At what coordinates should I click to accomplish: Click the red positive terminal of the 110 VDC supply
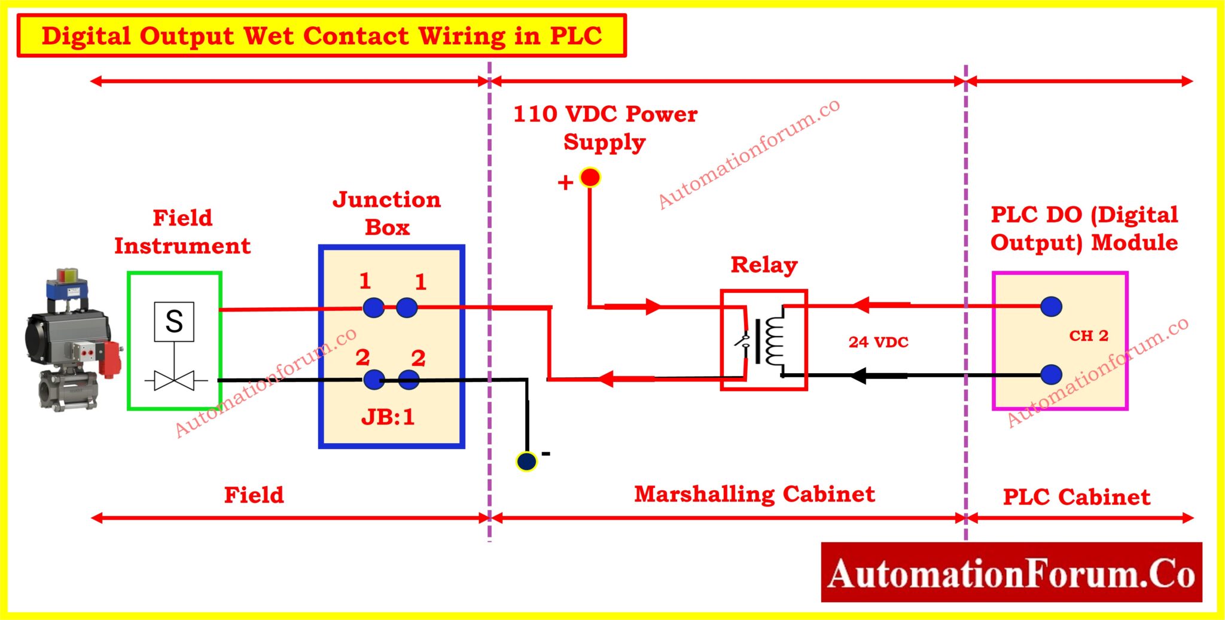pyautogui.click(x=590, y=178)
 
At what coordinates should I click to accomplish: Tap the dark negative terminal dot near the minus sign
pyautogui.click(x=526, y=461)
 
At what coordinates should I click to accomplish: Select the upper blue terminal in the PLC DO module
pyautogui.click(x=1051, y=307)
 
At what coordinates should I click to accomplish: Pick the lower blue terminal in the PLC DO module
pyautogui.click(x=1051, y=375)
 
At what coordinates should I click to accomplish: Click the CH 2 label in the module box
pyautogui.click(x=1089, y=335)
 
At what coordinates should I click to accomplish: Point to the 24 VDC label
pyautogui.click(x=878, y=342)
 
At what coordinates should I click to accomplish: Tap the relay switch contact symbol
pyautogui.click(x=744, y=341)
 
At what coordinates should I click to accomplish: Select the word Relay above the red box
pyautogui.click(x=764, y=265)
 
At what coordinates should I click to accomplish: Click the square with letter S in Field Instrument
pyautogui.click(x=174, y=322)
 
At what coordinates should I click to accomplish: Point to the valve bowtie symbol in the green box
pyautogui.click(x=174, y=380)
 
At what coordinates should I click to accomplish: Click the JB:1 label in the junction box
pyautogui.click(x=388, y=417)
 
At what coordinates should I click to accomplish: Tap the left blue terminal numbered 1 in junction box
pyautogui.click(x=373, y=308)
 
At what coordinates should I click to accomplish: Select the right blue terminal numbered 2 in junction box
pyautogui.click(x=409, y=379)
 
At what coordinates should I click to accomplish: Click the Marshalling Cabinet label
pyautogui.click(x=754, y=494)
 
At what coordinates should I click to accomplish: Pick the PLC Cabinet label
pyautogui.click(x=1076, y=497)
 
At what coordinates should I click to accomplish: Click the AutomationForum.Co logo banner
pyautogui.click(x=1011, y=572)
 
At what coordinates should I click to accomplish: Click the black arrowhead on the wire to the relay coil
pyautogui.click(x=859, y=375)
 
